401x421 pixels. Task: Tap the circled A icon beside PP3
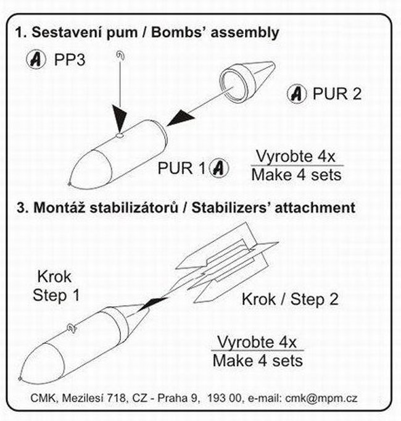click(x=38, y=60)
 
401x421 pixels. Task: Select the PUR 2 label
click(x=337, y=94)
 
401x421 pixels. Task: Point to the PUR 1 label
click(x=183, y=167)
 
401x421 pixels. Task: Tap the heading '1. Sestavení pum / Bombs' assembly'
click(x=147, y=31)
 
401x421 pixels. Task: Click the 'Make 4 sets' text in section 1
click(x=297, y=175)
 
